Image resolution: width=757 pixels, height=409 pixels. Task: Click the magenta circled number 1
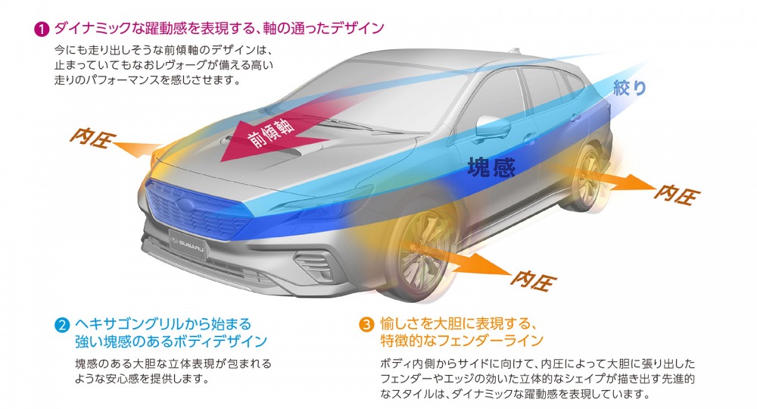[42, 30]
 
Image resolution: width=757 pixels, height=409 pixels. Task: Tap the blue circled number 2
[62, 325]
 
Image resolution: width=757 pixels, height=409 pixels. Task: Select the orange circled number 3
[367, 324]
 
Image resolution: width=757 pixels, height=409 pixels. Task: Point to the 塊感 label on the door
[491, 167]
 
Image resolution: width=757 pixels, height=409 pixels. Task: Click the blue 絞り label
[630, 87]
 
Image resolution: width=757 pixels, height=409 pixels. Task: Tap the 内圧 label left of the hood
[92, 138]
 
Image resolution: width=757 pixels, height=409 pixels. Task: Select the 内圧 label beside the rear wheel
[676, 194]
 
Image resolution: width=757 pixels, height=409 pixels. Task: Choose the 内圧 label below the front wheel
[534, 279]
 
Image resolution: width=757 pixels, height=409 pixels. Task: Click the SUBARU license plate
[188, 244]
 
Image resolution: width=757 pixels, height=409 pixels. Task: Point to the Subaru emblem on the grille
[185, 204]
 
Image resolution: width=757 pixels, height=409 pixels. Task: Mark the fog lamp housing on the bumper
[313, 267]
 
